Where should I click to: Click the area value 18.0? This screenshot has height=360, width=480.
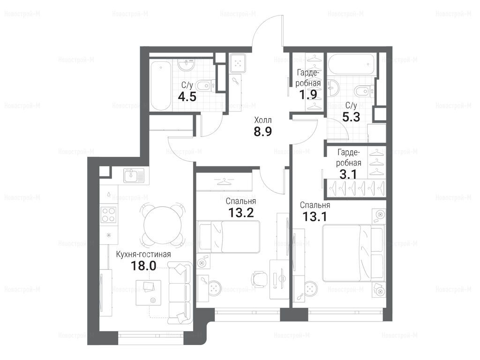(143, 266)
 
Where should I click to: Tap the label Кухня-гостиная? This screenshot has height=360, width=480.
(143, 255)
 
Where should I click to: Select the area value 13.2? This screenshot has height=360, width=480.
(241, 212)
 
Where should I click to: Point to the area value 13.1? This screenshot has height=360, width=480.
(315, 217)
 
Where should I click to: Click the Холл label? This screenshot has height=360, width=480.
(263, 120)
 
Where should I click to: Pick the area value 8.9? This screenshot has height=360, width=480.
(263, 131)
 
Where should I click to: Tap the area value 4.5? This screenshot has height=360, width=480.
(187, 97)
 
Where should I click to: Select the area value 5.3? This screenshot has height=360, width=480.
(351, 117)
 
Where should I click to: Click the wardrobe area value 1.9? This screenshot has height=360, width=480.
(308, 94)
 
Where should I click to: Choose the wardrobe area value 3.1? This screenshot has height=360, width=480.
(348, 174)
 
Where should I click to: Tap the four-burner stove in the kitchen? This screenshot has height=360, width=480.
(109, 215)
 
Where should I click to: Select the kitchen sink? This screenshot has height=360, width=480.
(134, 176)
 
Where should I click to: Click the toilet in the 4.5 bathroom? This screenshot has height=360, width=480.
(206, 86)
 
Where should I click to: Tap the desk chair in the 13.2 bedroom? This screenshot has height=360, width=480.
(259, 279)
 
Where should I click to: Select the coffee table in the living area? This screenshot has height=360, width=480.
(149, 292)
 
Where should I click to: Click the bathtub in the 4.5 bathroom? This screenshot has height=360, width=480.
(161, 85)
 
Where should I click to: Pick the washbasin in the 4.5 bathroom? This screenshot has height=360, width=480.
(187, 65)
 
